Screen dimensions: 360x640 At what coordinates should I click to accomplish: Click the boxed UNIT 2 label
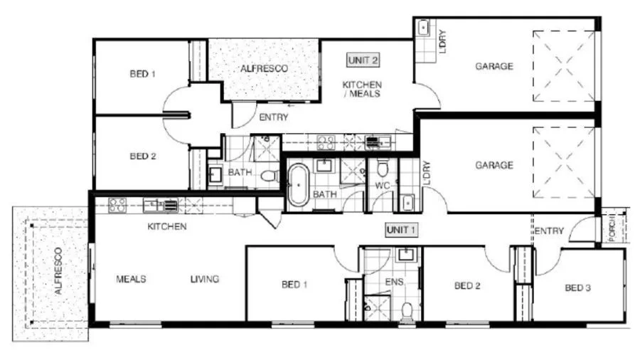pos(361,60)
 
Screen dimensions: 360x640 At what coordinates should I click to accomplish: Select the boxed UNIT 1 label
pos(400,230)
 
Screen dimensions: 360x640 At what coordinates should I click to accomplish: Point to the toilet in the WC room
pos(383,169)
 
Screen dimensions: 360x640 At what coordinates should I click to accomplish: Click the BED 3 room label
pos(579,288)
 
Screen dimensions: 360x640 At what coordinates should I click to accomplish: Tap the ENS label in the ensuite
pos(395,282)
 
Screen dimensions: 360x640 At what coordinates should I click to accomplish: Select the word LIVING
pos(205,279)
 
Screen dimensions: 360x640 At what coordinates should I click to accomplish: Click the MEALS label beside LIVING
pos(131,279)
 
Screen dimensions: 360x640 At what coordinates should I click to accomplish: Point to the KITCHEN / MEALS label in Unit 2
pos(362,89)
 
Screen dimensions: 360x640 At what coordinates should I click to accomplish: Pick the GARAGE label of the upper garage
pos(494,67)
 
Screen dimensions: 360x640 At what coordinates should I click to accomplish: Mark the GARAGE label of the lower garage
pos(494,165)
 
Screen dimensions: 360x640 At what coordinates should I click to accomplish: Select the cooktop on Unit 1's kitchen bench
pos(117,206)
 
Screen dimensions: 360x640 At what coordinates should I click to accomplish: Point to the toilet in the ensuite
pos(406,310)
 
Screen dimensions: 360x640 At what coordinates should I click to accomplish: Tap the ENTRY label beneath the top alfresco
pos(273,117)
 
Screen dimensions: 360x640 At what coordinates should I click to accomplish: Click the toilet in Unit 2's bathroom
pos(269,175)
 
